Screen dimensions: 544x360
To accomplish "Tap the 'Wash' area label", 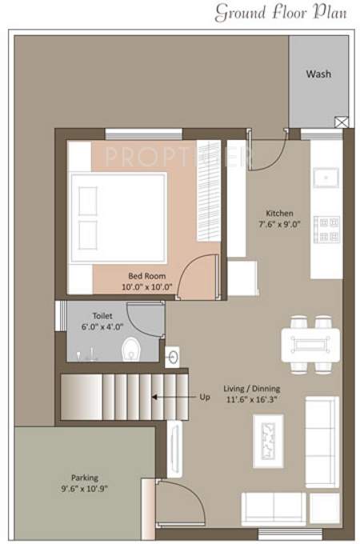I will pos(318,74).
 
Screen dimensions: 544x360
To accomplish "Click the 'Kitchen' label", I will pos(279,214).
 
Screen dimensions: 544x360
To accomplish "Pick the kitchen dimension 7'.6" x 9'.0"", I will pos(279,225).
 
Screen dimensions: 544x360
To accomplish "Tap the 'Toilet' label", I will pos(102,315).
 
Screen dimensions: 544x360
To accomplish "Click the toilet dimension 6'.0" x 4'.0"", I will pos(103,326).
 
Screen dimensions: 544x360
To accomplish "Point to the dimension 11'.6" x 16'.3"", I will pos(253,400).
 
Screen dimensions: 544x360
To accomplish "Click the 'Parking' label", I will pos(84,477).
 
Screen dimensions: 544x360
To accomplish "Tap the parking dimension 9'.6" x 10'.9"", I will pos(84,488).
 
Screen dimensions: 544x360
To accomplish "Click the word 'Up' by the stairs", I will pos(205,396).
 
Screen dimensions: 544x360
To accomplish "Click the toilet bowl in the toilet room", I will pos(131,350).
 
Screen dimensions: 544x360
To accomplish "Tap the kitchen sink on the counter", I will pos(327,177).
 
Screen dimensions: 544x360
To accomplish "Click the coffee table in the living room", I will pos(268,440).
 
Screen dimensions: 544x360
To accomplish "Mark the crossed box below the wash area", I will pos(342,122).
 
